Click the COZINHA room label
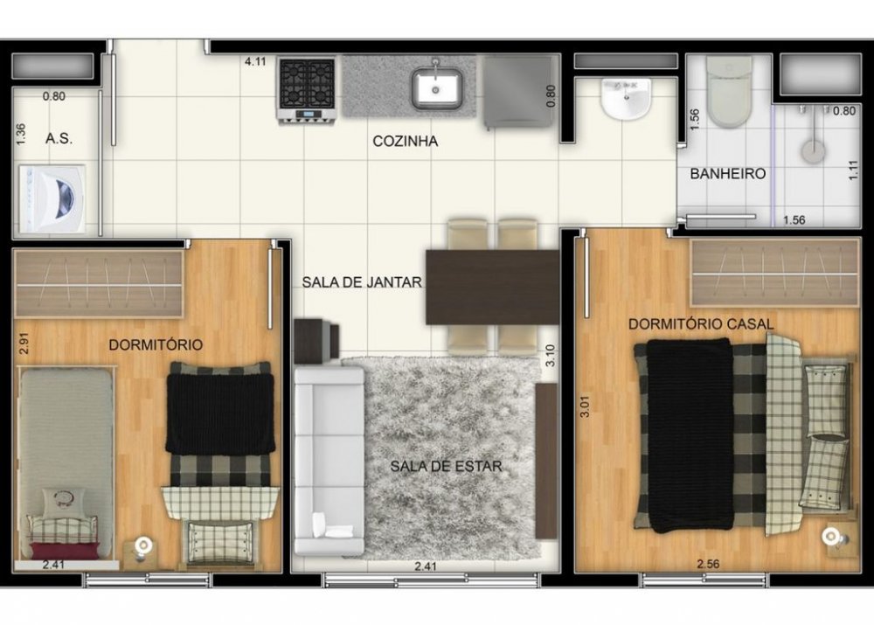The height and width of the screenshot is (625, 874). [x=406, y=141]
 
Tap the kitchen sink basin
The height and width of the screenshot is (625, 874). [x=436, y=88]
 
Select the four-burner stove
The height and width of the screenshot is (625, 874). [x=307, y=90]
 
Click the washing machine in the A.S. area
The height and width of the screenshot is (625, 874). [x=53, y=198]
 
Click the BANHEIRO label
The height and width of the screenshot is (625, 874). [x=728, y=174]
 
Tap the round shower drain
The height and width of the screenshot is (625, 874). [x=813, y=151]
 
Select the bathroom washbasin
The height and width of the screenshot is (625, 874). [x=627, y=99]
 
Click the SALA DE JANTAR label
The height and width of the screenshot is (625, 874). [x=362, y=282]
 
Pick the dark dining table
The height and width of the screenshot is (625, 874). [x=493, y=287]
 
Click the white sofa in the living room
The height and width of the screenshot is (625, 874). [x=329, y=461]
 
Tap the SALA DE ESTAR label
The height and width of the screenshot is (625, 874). [x=446, y=466]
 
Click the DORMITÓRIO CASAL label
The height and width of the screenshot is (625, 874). [x=701, y=324]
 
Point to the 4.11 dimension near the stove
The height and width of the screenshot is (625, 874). [x=255, y=61]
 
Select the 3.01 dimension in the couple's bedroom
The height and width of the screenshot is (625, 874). [x=585, y=406]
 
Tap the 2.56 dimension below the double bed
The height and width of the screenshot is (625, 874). [x=708, y=564]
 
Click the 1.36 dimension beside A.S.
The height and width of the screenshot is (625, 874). [x=21, y=135]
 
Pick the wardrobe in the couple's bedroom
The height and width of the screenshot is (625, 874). [x=774, y=273]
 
